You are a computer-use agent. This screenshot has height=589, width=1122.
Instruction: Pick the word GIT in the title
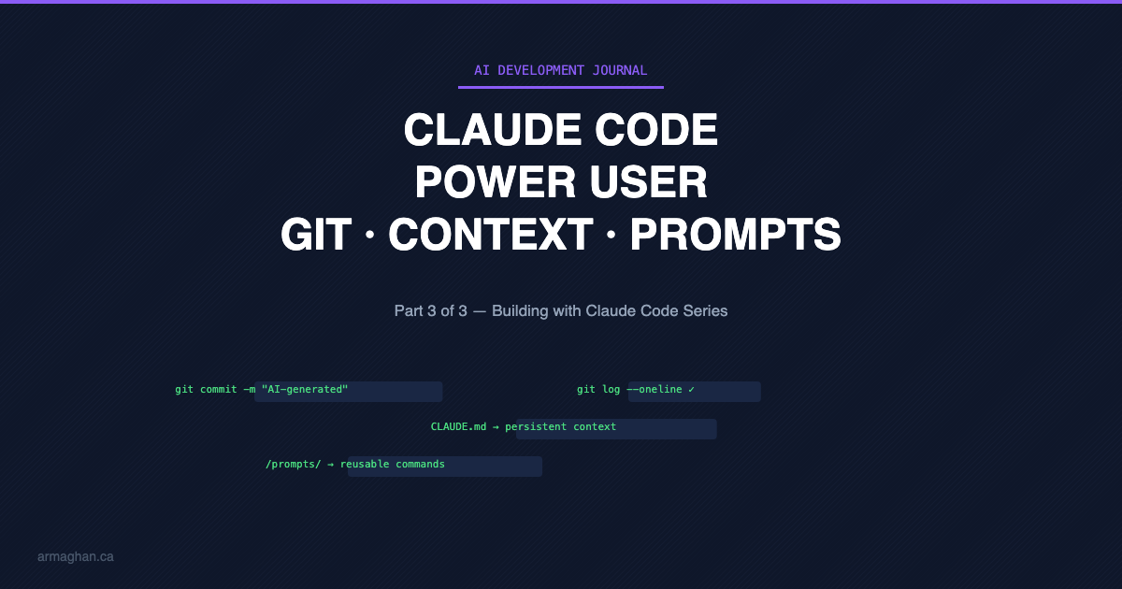(x=317, y=235)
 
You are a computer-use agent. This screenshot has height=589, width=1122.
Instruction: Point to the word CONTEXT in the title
(x=491, y=235)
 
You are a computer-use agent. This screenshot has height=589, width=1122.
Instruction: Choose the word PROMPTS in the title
(x=736, y=235)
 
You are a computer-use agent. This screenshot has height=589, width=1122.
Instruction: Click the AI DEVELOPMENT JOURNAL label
(x=560, y=70)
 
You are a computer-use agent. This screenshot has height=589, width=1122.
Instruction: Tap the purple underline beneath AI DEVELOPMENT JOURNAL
(x=560, y=87)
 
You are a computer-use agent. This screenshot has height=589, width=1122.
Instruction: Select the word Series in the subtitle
(x=705, y=310)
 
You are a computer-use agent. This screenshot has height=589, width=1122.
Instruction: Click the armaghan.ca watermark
(x=76, y=556)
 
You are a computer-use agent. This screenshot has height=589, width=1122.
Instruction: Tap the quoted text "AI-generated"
(x=305, y=389)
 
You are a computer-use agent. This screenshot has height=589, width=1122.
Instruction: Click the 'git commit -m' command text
(x=215, y=389)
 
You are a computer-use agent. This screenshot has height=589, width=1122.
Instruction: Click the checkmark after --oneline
(x=691, y=389)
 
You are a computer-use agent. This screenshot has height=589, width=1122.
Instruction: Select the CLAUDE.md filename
(x=458, y=426)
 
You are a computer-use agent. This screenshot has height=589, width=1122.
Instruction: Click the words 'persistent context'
(x=561, y=426)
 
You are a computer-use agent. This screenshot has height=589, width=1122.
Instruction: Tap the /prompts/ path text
(x=293, y=464)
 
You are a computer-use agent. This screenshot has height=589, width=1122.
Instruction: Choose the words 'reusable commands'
(x=393, y=464)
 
